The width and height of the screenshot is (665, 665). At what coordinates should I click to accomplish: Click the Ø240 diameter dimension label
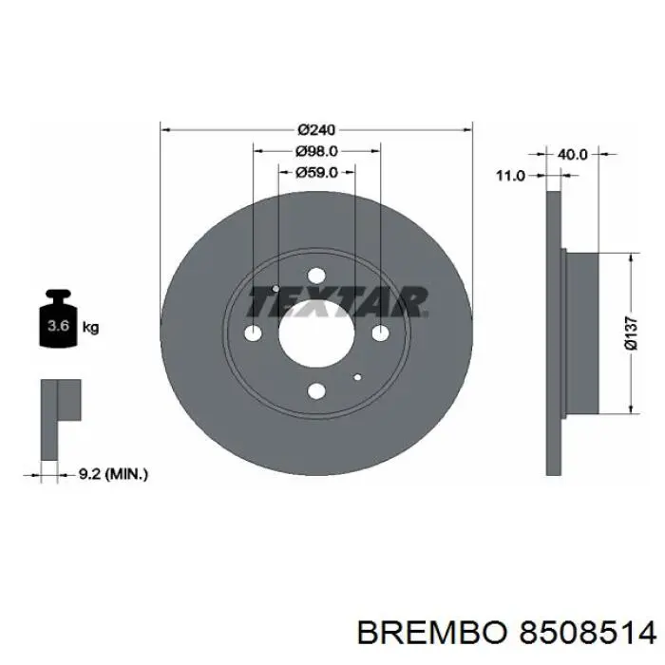316,129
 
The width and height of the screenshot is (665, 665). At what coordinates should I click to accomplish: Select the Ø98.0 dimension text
316,151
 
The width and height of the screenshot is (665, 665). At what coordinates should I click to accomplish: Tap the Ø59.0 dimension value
316,173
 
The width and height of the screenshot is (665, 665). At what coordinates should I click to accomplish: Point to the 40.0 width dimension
572,153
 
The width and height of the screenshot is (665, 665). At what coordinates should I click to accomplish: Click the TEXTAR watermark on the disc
337,302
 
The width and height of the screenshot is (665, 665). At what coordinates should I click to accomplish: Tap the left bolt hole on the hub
253,333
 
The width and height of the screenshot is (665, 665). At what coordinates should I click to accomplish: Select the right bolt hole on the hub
380,332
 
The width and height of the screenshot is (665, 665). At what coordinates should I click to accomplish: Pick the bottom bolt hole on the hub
316,390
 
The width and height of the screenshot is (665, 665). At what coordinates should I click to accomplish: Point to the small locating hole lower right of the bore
357,377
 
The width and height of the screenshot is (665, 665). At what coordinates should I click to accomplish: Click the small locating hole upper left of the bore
275,289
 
